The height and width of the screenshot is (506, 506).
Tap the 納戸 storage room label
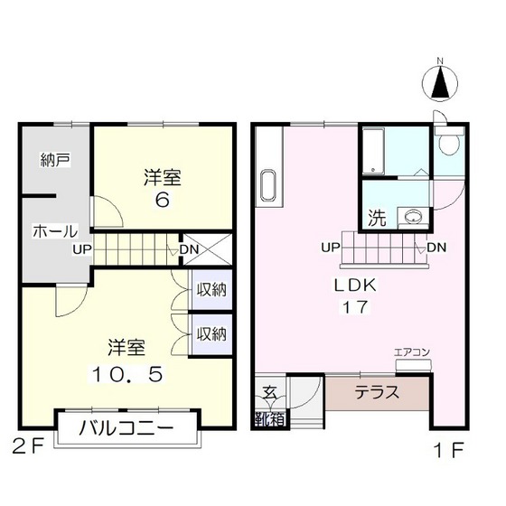(55, 161)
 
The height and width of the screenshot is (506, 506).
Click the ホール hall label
(55, 231)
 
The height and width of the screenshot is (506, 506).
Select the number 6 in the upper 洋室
(162, 200)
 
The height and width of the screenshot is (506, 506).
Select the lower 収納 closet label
(212, 334)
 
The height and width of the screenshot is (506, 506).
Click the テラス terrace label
(373, 393)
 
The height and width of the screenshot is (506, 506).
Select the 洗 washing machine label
(375, 217)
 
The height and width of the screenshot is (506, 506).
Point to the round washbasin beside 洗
(414, 216)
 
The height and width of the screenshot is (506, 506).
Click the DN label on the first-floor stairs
(436, 247)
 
